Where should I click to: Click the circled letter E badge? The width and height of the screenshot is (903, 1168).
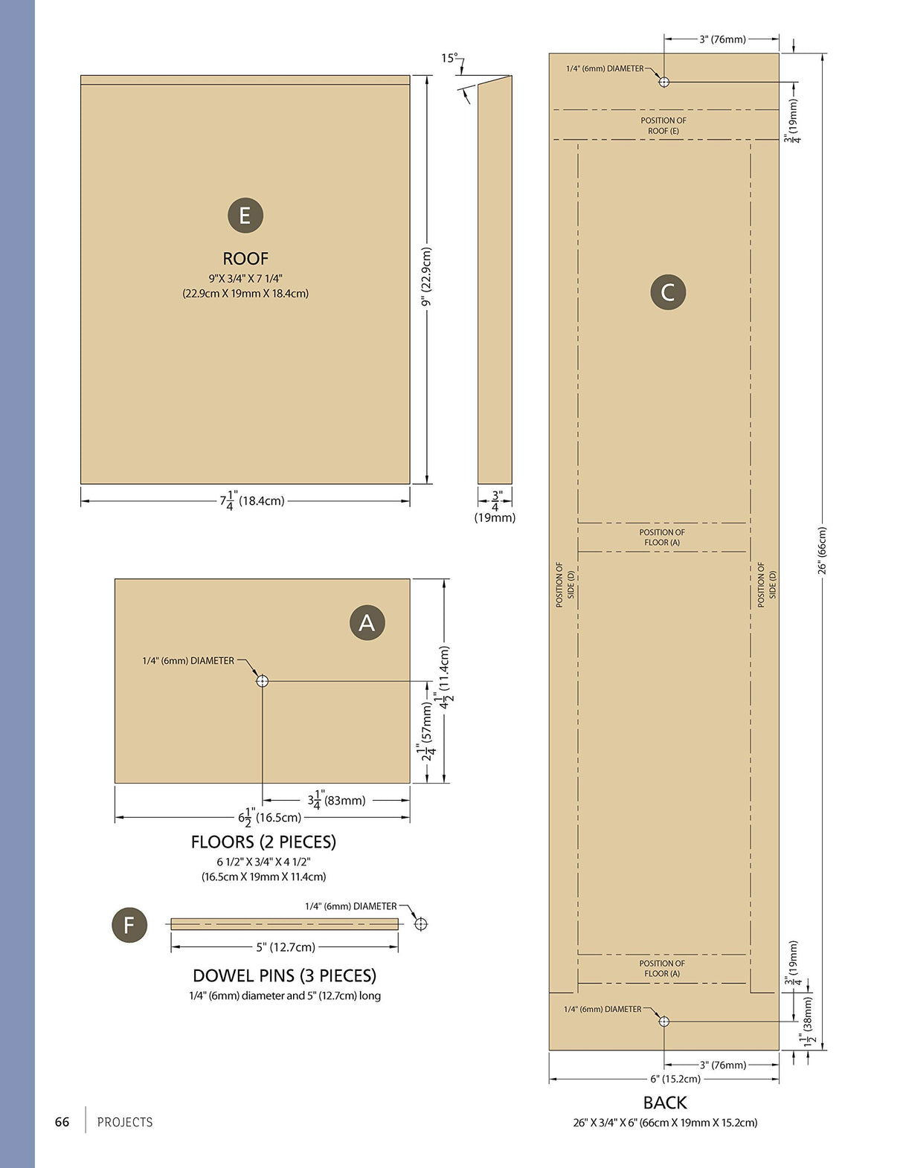point(245,216)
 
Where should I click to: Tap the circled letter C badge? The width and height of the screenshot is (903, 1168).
point(667,292)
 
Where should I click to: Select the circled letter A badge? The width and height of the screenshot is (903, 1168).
point(367,622)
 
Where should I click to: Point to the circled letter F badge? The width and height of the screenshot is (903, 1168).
point(129,925)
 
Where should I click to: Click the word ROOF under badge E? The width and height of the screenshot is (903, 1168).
point(245,259)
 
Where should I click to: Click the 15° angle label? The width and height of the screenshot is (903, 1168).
point(450,58)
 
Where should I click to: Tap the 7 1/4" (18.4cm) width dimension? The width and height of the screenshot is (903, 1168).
point(251,500)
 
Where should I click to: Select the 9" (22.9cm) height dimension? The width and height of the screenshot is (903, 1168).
point(426,277)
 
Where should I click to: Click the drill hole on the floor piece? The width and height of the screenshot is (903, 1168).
point(263,681)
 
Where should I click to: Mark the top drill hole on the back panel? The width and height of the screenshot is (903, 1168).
point(663,83)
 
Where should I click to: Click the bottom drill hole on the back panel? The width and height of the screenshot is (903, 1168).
point(663,1022)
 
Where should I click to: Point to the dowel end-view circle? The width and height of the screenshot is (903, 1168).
point(422,924)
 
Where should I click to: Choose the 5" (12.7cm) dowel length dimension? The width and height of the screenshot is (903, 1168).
point(286,947)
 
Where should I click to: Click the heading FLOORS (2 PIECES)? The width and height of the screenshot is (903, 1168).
point(263,842)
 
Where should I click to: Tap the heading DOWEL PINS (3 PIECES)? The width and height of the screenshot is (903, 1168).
point(284,975)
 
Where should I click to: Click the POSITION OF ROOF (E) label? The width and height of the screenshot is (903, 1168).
point(663,126)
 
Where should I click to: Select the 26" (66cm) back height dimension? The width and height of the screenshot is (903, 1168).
point(822,550)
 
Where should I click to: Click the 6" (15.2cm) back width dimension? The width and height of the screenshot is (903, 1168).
point(675,1079)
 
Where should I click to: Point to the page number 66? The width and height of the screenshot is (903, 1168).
point(62,1122)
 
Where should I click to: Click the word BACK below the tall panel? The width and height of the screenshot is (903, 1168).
point(665,1103)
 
